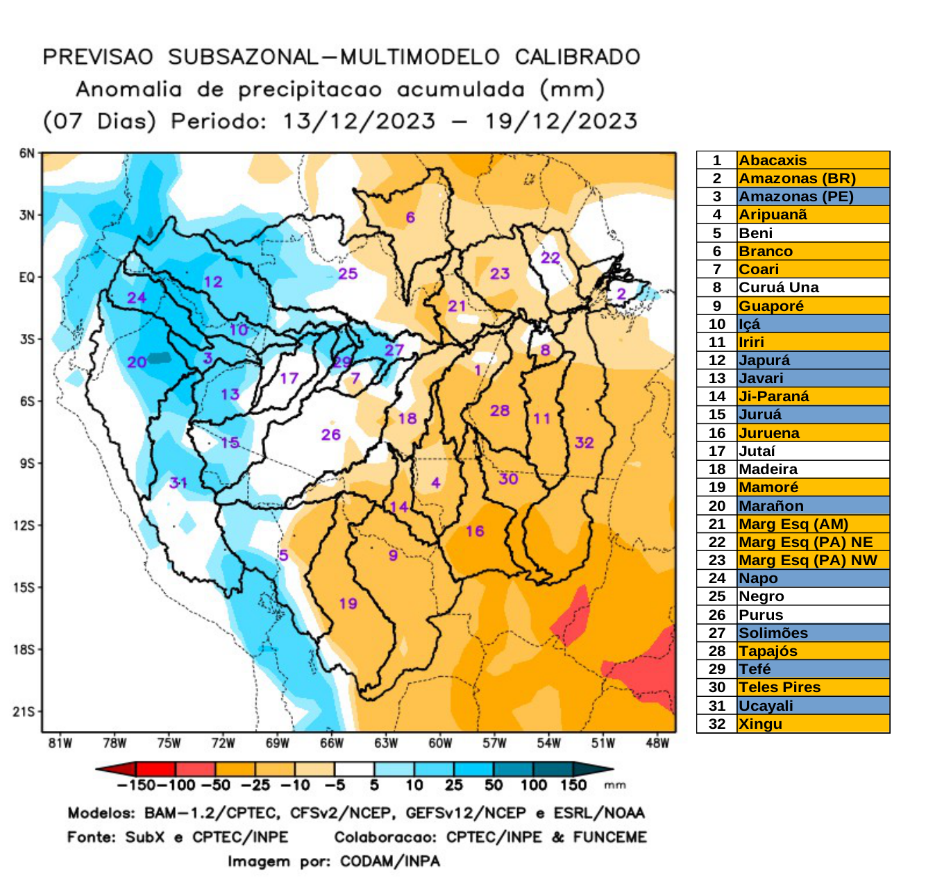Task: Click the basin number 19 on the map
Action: [x=348, y=603]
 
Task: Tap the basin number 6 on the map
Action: [x=410, y=217]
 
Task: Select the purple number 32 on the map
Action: [x=584, y=443]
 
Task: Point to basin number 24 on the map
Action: [x=136, y=298]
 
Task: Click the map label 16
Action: [x=475, y=531]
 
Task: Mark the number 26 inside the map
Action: [x=330, y=435]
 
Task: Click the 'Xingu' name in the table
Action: [x=760, y=724]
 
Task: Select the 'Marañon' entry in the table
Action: [x=771, y=506]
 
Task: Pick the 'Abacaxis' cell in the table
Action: [x=772, y=160]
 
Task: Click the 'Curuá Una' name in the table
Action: [x=778, y=287]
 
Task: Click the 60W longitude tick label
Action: [x=440, y=743]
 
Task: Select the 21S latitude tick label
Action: [x=24, y=711]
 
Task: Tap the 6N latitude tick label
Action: [x=26, y=153]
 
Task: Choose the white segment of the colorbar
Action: [x=354, y=769]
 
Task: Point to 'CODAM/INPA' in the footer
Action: [x=389, y=861]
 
